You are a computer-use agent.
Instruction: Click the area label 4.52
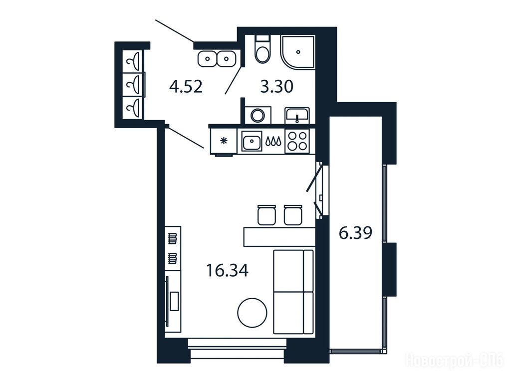pos(186,87)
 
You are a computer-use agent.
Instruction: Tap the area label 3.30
pos(276,87)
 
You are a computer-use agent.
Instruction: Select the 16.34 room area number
pos(228,271)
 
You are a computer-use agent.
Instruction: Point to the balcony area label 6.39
pos(355,233)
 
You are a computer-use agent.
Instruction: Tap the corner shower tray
pos(298,52)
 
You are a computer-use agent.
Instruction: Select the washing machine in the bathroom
pos(258,115)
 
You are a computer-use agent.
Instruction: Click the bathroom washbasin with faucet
pos(297,115)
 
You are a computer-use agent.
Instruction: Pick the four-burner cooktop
pos(297,141)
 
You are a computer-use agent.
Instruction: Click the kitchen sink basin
pos(252,141)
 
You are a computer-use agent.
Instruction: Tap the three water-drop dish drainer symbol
pos(273,141)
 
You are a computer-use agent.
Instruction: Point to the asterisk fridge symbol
pos(224,141)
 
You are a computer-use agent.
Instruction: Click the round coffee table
pos(252,313)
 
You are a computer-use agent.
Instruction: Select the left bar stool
pos(266,215)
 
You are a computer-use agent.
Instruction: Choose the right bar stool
pos(293,215)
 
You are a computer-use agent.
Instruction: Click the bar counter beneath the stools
pos(279,237)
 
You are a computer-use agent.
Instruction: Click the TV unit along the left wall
pos(173,301)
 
